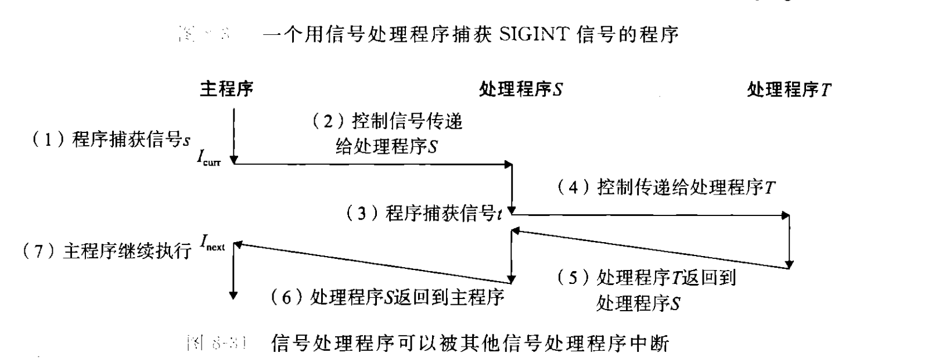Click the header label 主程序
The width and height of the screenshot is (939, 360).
[x=226, y=89]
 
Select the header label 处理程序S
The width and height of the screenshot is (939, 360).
[x=520, y=89]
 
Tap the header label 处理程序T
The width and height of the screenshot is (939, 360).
[x=789, y=89]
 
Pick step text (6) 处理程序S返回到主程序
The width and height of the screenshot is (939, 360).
[x=387, y=297]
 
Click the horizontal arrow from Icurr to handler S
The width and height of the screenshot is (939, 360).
[x=372, y=164]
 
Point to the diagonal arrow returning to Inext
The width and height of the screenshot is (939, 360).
[x=372, y=261]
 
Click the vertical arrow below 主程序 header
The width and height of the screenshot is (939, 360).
[x=233, y=134]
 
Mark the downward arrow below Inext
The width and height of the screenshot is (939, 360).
[x=233, y=273]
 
